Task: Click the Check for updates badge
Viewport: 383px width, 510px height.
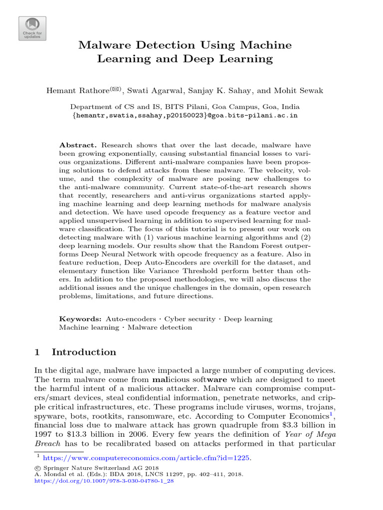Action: click(32, 28)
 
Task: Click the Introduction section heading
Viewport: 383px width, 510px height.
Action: click(84, 352)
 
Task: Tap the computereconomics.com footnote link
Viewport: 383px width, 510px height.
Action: click(147, 458)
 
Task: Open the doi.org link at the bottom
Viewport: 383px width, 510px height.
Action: click(104, 482)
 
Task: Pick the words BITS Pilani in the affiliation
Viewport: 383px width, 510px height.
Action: click(161, 107)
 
